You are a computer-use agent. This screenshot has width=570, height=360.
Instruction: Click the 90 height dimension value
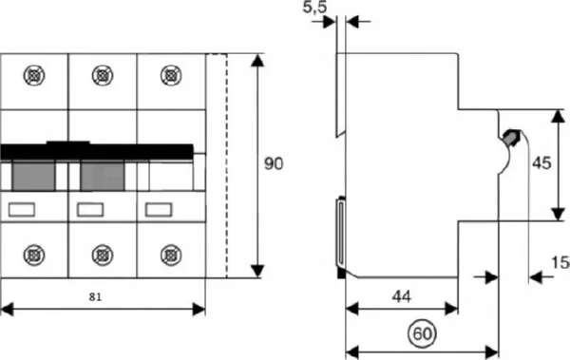[x=274, y=164]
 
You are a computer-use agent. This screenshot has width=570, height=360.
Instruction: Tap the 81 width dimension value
[x=96, y=297]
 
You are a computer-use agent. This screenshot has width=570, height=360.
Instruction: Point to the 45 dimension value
[x=541, y=163]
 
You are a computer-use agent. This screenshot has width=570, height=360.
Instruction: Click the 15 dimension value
[x=560, y=262]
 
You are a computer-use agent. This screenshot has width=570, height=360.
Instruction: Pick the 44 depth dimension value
[x=403, y=297]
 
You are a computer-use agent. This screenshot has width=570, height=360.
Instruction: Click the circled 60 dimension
[x=421, y=333]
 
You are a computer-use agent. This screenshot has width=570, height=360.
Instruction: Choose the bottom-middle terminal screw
[x=103, y=254]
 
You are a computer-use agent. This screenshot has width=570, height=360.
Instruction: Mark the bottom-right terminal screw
[x=170, y=254]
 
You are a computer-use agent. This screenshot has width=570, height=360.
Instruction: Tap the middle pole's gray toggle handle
[x=102, y=174]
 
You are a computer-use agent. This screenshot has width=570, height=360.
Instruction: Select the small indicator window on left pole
[x=21, y=209]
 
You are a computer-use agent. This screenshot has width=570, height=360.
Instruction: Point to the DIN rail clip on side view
[x=339, y=231]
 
